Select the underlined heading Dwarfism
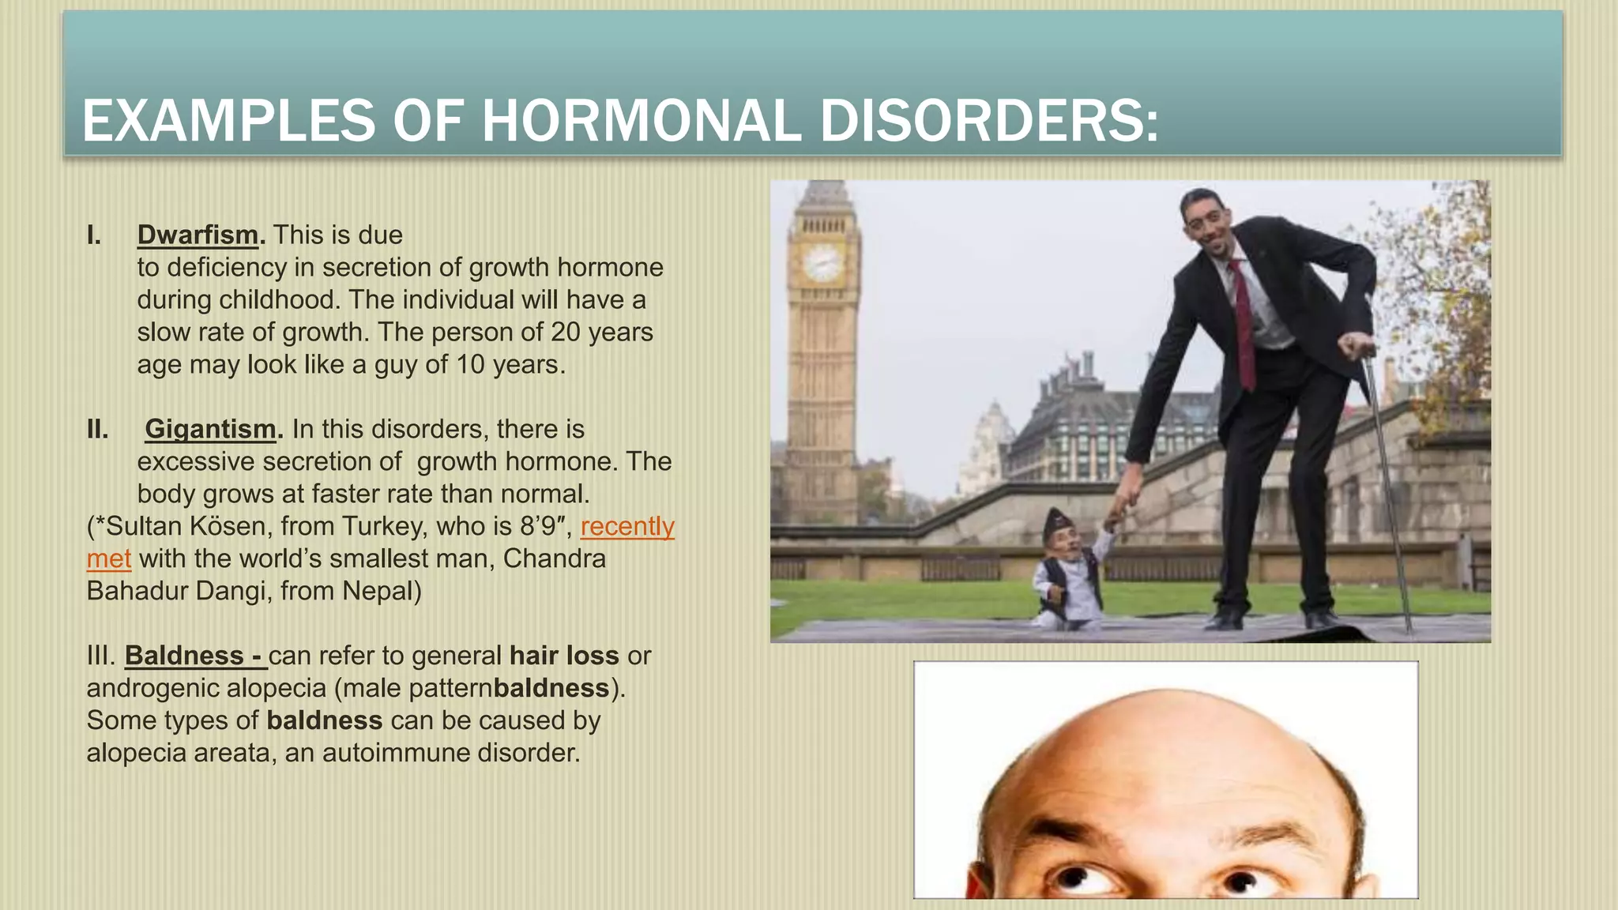tap(198, 235)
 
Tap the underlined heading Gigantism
tap(210, 429)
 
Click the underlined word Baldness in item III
tap(184, 656)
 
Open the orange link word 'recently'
tap(627, 526)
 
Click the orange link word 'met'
tap(108, 558)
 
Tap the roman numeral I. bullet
tap(94, 235)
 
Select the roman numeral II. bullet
tap(97, 429)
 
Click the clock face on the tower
tap(822, 261)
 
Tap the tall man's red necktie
tap(1243, 324)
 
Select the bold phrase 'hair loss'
tap(564, 656)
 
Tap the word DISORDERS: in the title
tap(989, 121)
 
